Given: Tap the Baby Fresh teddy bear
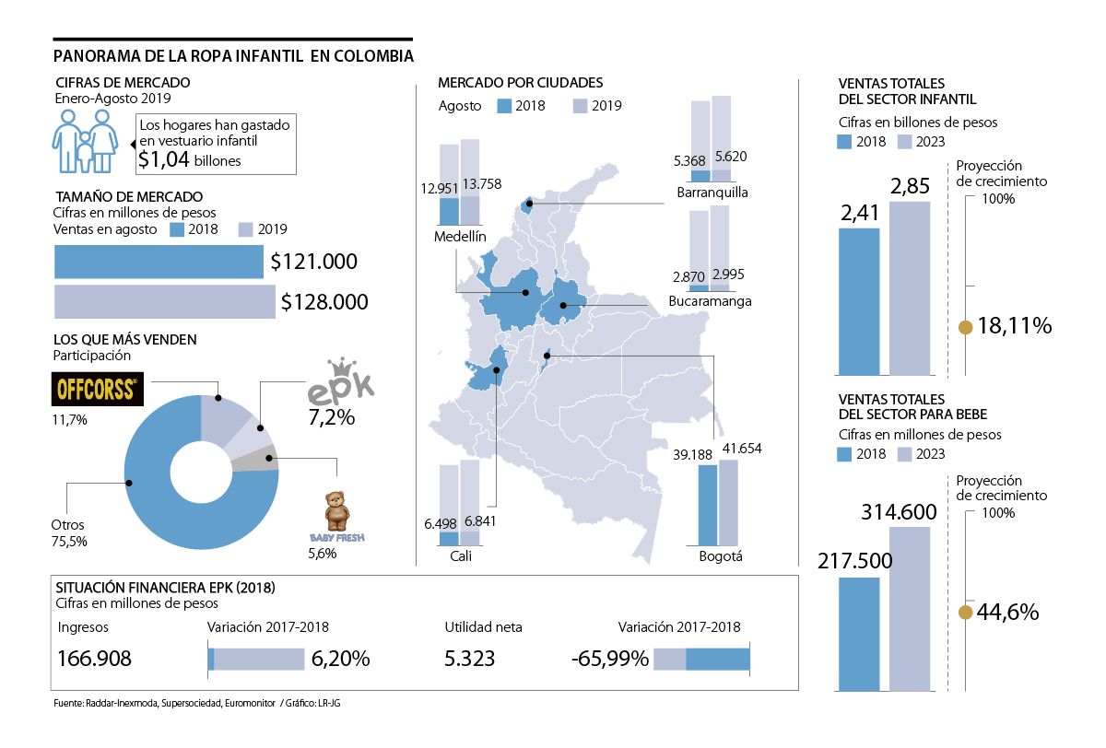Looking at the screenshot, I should click(336, 510).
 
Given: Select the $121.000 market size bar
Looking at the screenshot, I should click(159, 262).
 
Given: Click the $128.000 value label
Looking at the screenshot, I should click(324, 302).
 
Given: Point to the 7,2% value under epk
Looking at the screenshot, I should click(331, 417).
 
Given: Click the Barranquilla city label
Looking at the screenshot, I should click(712, 193).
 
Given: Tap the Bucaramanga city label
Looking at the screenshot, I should click(710, 301).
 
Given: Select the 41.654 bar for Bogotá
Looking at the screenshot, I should click(728, 502).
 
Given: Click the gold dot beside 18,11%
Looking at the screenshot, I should click(965, 327).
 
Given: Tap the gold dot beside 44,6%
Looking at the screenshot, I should click(965, 613).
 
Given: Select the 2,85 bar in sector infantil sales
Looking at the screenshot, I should click(910, 287).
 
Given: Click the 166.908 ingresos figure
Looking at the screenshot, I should click(94, 660).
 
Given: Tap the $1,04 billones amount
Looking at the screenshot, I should click(189, 160).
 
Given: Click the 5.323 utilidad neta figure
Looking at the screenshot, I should click(469, 660).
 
